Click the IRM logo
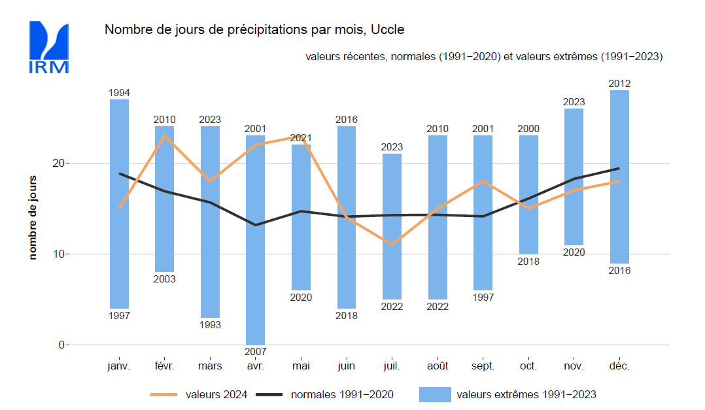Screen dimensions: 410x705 click(48, 47)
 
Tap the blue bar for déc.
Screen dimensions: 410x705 click(619, 177)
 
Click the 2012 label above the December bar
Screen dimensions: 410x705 click(619, 84)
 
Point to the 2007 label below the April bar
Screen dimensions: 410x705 click(255, 352)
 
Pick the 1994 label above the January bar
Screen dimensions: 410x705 click(119, 93)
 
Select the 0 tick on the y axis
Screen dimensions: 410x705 click(63, 345)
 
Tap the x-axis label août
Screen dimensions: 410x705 click(438, 367)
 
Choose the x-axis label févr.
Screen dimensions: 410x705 click(164, 367)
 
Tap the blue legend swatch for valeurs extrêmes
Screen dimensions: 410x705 click(434, 394)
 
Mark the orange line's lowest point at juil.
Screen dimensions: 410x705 click(392, 245)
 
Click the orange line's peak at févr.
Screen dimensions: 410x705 click(164, 135)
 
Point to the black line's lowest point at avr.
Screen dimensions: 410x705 click(255, 225)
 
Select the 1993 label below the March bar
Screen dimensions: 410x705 click(210, 325)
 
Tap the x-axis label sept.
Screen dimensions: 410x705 click(483, 367)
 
